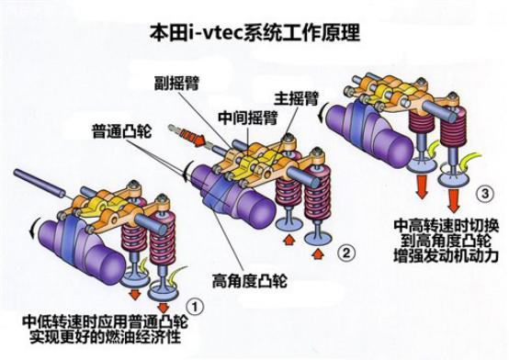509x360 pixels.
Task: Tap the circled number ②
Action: [x=345, y=250]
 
